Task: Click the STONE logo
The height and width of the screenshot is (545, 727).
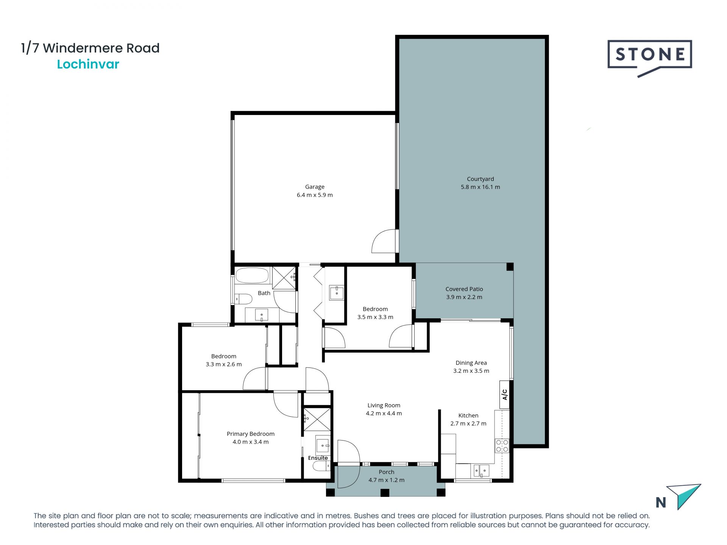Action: [650, 55]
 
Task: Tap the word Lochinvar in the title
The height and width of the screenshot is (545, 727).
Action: [88, 64]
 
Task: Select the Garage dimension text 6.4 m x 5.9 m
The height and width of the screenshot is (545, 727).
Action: [315, 195]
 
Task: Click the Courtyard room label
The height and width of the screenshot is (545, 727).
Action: [480, 179]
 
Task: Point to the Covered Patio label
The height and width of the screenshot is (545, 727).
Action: [464, 289]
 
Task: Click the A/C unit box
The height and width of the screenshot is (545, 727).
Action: [504, 394]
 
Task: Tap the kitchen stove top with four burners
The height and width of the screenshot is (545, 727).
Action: [502, 446]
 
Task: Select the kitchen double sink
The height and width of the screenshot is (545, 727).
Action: [480, 471]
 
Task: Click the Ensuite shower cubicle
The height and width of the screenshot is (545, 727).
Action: [317, 419]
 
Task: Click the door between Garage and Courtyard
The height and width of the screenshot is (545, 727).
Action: [385, 241]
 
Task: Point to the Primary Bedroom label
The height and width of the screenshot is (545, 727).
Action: [250, 434]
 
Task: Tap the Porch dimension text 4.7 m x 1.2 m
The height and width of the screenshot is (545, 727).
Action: [386, 480]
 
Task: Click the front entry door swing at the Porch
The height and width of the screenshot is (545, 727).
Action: [348, 463]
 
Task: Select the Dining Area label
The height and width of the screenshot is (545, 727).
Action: [471, 363]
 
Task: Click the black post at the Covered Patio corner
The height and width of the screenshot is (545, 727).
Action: [510, 267]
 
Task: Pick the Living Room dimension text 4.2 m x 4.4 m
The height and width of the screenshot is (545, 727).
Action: [384, 413]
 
